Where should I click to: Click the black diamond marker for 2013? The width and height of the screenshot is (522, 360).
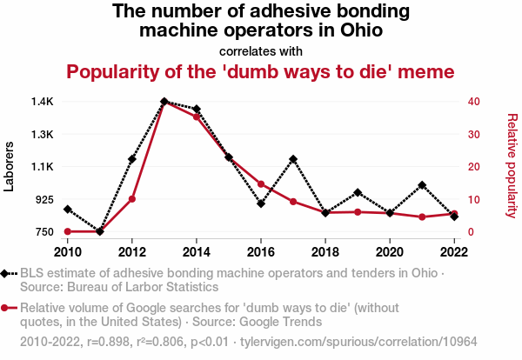(x=164, y=102)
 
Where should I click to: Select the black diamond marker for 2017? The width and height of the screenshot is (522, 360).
(x=293, y=159)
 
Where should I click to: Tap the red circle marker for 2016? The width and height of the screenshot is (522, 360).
(x=261, y=183)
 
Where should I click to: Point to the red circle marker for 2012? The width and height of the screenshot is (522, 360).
(x=132, y=199)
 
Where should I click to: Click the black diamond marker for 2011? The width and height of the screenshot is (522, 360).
(x=100, y=231)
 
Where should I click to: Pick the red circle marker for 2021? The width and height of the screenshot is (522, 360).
(x=422, y=217)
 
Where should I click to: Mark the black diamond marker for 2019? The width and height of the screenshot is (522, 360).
(x=358, y=192)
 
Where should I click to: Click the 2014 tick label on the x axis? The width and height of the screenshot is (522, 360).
(x=197, y=251)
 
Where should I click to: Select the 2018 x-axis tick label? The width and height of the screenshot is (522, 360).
(x=325, y=251)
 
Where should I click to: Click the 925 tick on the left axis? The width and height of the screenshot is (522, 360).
(x=42, y=200)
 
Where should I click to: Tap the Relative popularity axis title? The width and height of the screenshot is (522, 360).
(x=512, y=165)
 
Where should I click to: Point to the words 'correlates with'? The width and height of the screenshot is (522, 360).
(x=261, y=50)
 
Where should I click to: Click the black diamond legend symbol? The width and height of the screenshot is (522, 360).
(x=8, y=274)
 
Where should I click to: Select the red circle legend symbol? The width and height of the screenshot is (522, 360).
(x=8, y=308)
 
